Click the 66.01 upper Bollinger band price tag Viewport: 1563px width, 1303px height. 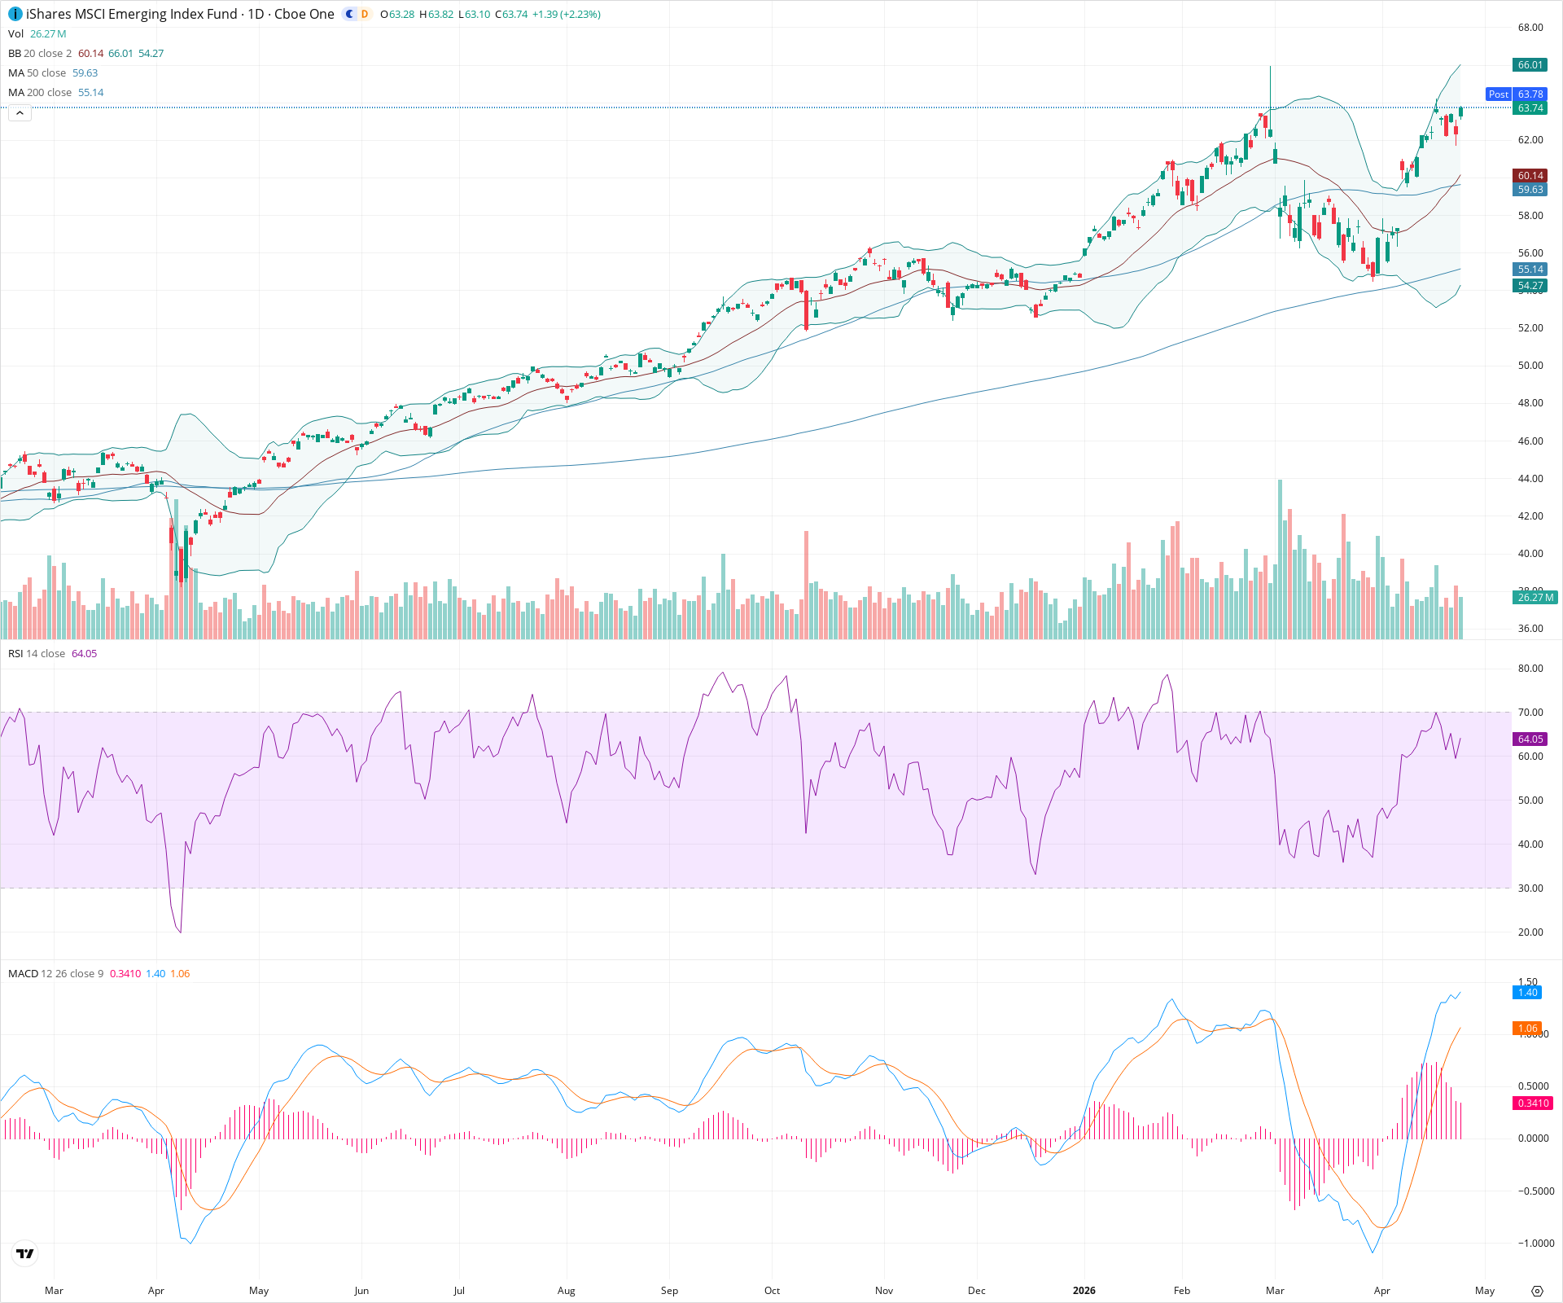[x=1530, y=65]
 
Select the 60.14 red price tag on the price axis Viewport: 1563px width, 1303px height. [x=1530, y=176]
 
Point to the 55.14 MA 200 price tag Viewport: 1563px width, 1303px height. [x=1530, y=270]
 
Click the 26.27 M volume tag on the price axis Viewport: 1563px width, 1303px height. [x=1535, y=598]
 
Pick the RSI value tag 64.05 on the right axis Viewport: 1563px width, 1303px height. [x=1530, y=739]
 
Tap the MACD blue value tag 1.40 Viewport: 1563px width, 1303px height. [x=1528, y=993]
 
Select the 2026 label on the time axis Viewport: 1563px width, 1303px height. [x=1084, y=1291]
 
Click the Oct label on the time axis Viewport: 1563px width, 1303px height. [x=772, y=1291]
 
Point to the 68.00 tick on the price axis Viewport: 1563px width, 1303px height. [x=1530, y=28]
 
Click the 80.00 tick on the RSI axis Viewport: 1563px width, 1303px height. [x=1530, y=669]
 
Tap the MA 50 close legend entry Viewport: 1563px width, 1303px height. [x=37, y=73]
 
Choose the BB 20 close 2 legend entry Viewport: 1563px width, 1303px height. [x=40, y=54]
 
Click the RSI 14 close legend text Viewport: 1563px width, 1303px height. [x=37, y=654]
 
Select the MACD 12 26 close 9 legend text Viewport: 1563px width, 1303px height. [x=55, y=974]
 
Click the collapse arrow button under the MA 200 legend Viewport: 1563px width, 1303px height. [x=20, y=113]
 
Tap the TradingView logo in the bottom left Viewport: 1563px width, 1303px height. [x=25, y=1254]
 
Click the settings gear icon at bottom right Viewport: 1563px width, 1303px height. [x=1537, y=1291]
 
